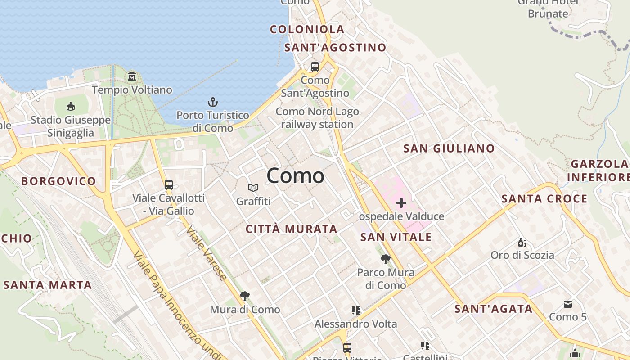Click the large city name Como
295,175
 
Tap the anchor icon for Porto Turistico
212,102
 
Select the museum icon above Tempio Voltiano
132,76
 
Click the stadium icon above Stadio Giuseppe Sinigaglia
71,107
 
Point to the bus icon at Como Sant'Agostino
315,67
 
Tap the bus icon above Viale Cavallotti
169,184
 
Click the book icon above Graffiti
253,188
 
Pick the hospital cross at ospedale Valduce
401,203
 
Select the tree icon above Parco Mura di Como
385,259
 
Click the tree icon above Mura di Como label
245,296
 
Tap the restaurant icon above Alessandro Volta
356,310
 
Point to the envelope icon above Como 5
568,304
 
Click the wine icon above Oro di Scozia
522,243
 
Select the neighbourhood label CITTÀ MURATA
292,229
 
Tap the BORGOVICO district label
58,181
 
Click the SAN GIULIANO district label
449,148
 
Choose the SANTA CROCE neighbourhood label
544,199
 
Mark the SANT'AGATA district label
493,309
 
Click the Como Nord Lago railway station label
317,118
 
